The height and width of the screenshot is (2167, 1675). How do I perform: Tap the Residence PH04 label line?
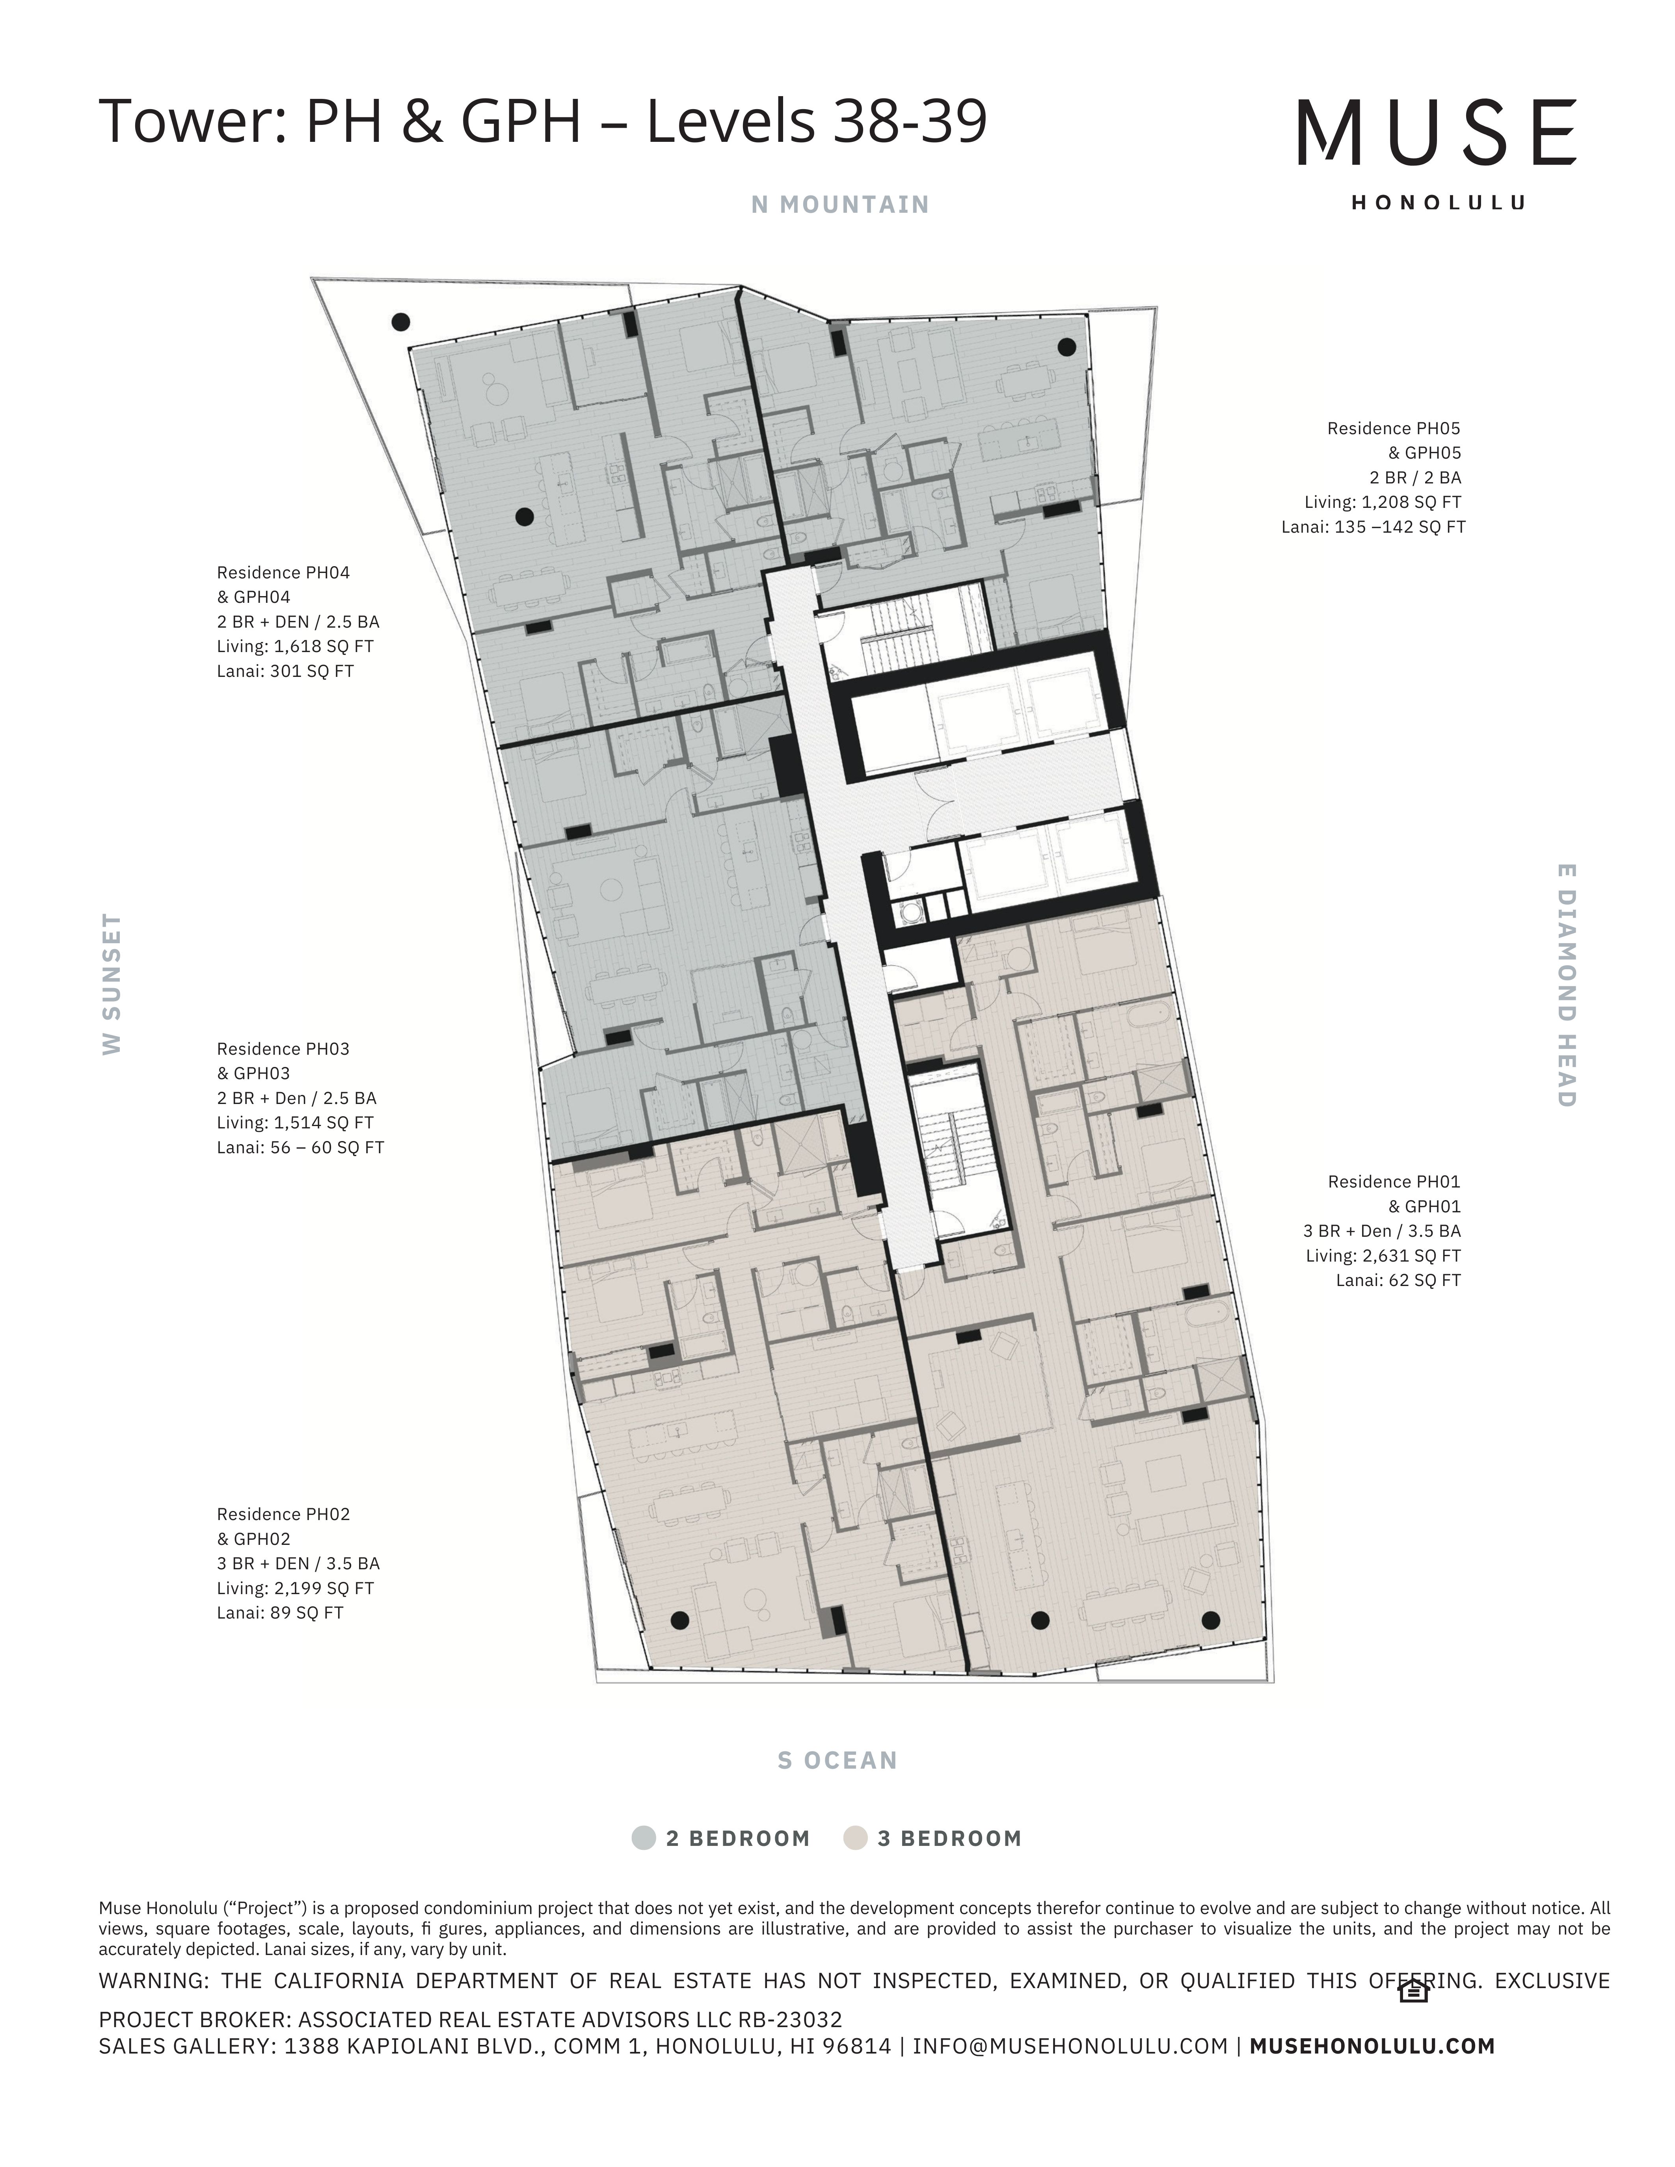[x=283, y=572]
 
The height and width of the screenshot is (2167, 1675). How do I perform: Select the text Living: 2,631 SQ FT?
[x=1383, y=1255]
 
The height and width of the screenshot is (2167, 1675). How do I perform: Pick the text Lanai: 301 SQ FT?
[x=285, y=671]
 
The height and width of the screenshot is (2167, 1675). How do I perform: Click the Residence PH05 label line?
[x=1393, y=429]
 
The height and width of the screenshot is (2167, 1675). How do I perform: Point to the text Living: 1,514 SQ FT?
[x=295, y=1122]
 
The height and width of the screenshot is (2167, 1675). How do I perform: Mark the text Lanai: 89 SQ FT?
[x=280, y=1612]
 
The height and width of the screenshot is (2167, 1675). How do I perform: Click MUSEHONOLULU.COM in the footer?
[x=1372, y=2045]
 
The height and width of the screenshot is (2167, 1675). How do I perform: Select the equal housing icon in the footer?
[x=1413, y=1991]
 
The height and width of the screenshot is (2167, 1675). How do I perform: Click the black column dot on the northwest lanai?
[x=401, y=322]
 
